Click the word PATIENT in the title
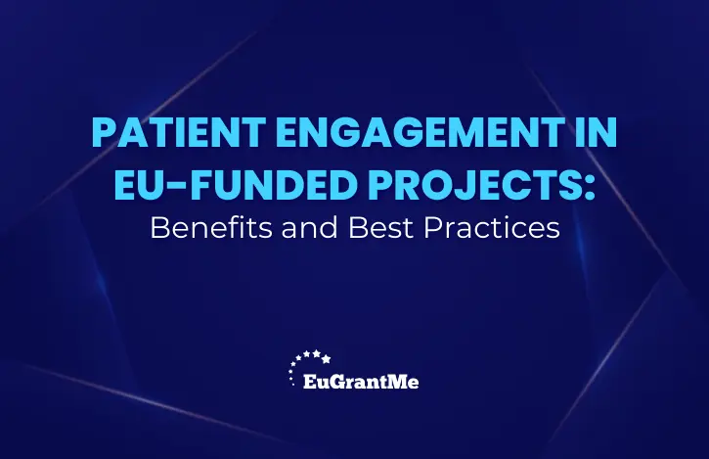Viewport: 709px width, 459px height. point(179,132)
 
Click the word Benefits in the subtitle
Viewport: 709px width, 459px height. point(211,228)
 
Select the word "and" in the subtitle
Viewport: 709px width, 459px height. point(310,228)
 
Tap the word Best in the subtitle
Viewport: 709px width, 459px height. point(380,228)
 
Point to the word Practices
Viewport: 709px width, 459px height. point(492,228)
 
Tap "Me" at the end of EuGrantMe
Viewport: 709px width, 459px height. point(400,382)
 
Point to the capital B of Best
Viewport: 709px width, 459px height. point(357,228)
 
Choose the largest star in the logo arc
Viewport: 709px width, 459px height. point(326,359)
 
